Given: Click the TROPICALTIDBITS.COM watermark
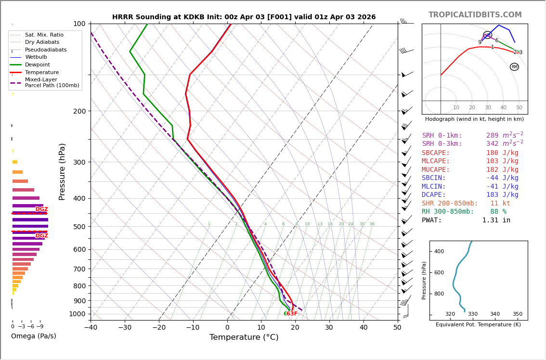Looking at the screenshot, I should click(475, 15).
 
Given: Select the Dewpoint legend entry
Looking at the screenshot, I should click(38, 65).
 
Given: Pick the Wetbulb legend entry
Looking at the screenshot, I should click(37, 57).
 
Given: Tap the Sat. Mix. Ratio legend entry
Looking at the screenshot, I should click(44, 35).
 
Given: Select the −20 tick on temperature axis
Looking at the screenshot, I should click(159, 328).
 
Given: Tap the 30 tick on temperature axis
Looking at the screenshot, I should click(329, 328).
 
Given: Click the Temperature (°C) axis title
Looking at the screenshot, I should click(244, 337).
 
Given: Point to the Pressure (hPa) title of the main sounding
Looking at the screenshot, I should click(62, 171).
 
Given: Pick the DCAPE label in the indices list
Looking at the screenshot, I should click(434, 195).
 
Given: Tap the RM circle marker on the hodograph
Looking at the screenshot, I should click(514, 67).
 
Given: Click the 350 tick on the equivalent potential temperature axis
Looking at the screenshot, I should click(517, 314).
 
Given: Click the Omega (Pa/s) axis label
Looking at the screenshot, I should click(34, 336).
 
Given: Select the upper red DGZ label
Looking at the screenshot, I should click(42, 209).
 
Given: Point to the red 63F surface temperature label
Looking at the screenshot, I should click(292, 314).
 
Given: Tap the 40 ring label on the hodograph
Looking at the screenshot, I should click(503, 108).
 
